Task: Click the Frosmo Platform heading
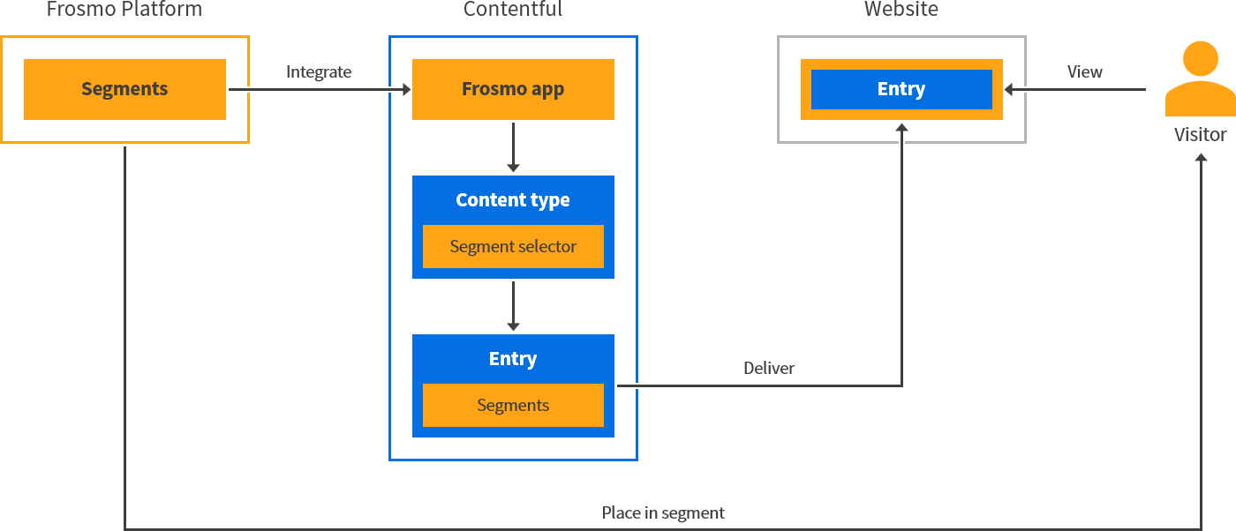(x=124, y=10)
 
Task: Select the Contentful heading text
(x=512, y=10)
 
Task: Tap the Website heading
(x=901, y=10)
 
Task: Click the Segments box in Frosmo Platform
(x=124, y=89)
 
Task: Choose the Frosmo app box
(x=513, y=89)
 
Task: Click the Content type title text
(x=513, y=200)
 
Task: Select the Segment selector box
(x=513, y=247)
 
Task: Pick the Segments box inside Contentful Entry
(x=513, y=406)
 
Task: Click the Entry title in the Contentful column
(x=513, y=359)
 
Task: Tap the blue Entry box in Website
(x=901, y=89)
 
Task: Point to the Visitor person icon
(x=1200, y=79)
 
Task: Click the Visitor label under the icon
(x=1200, y=135)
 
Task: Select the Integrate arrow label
(x=319, y=72)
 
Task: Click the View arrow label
(x=1084, y=72)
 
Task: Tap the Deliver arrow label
(x=768, y=369)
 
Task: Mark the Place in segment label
(x=663, y=513)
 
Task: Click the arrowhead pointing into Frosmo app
(x=407, y=89)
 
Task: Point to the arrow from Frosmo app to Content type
(x=513, y=146)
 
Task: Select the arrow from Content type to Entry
(x=513, y=305)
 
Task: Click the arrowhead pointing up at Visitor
(x=1201, y=156)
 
